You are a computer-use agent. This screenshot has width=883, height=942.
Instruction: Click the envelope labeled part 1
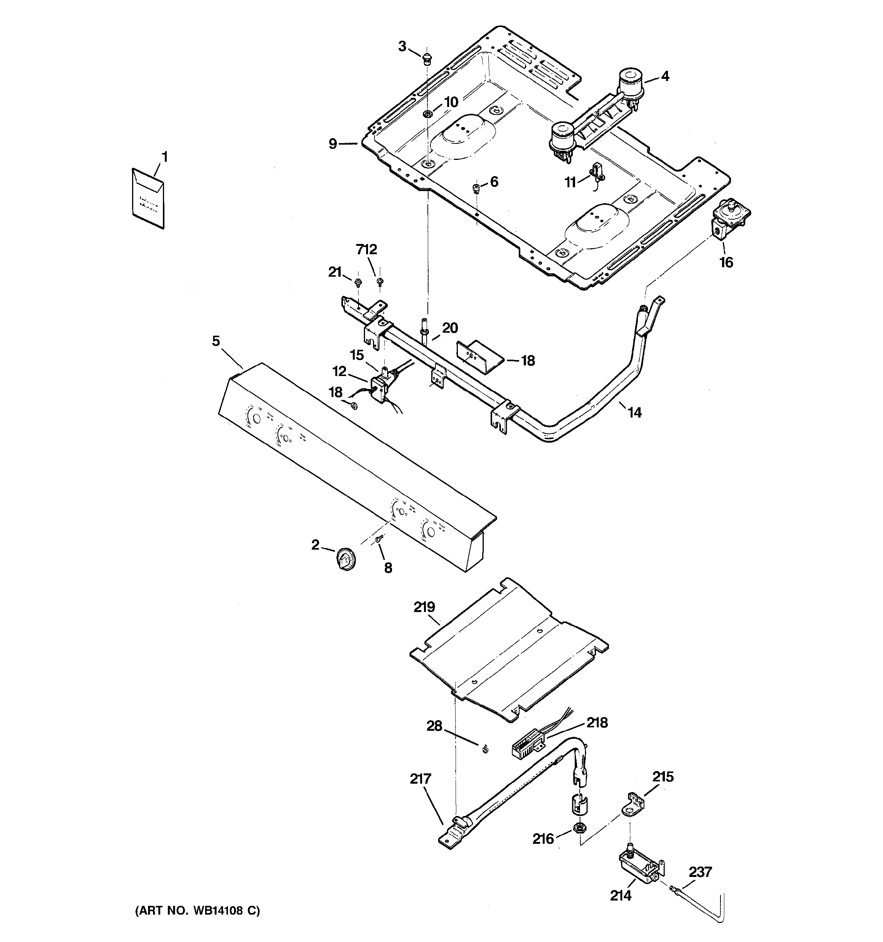[148, 199]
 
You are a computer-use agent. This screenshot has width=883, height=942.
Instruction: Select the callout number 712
[367, 249]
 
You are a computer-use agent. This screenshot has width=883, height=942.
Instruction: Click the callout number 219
[424, 607]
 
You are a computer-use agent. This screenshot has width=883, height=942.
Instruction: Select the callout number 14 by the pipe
[634, 413]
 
